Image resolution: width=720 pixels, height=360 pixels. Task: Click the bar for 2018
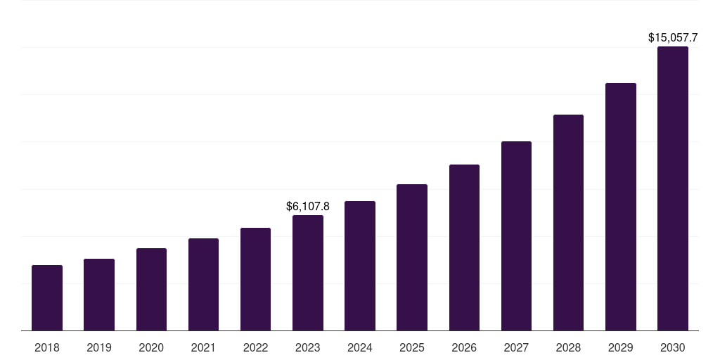click(x=47, y=298)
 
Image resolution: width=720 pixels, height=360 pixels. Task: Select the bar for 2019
click(x=99, y=295)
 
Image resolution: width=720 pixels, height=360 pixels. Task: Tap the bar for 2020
click(x=151, y=290)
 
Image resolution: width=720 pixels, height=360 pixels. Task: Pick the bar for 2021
click(x=203, y=285)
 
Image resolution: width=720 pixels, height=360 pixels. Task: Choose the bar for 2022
click(x=255, y=279)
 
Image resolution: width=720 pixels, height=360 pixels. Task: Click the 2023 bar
click(x=308, y=273)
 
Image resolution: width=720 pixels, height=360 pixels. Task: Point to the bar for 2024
click(x=360, y=266)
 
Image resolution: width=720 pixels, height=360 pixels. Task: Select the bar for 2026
click(x=464, y=247)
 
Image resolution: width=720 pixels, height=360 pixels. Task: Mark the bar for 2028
click(x=568, y=223)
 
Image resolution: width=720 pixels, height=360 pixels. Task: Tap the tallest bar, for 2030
click(x=673, y=188)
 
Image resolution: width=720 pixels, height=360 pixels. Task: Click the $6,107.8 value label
click(x=308, y=206)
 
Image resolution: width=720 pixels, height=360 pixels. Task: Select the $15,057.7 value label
click(x=673, y=37)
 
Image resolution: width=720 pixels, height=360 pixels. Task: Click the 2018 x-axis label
click(x=47, y=347)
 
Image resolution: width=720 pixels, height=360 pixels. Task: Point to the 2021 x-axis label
click(x=203, y=347)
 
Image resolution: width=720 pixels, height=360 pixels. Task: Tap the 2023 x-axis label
click(x=308, y=347)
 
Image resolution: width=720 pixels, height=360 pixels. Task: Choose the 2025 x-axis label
click(x=412, y=347)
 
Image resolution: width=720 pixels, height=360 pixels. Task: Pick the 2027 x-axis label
click(x=516, y=347)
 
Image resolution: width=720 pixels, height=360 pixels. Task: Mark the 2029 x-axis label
click(x=620, y=347)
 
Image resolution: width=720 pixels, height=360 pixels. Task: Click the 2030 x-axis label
click(x=673, y=347)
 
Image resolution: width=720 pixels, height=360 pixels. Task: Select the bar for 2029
click(x=620, y=207)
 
